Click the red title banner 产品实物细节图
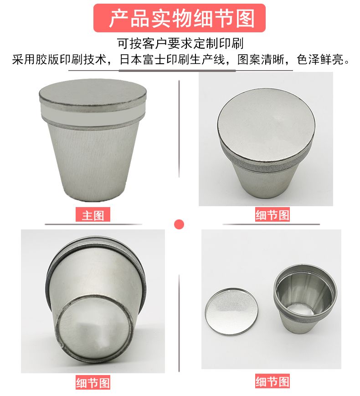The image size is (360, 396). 179,18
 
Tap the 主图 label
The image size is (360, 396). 93,215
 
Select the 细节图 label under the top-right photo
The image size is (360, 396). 272,215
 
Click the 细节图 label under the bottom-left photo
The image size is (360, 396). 93,382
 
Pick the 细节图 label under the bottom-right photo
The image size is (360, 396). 272,381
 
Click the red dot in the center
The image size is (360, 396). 179,224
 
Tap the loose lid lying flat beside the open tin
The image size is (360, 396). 232,311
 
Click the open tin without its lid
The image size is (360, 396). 305,299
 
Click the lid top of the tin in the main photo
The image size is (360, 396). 93,94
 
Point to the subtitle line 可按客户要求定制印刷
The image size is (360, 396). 180,44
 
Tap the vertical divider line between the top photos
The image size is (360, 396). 179,129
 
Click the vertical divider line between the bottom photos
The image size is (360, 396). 179,324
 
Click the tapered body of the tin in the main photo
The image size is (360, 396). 93,162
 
